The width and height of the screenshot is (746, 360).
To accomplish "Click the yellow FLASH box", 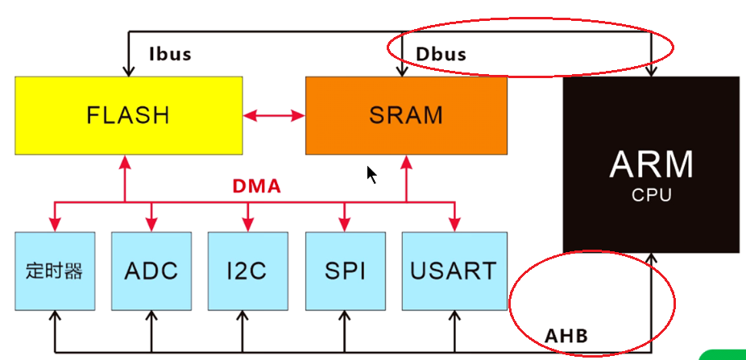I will pos(128,115).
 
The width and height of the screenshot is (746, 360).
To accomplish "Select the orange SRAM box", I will pos(406,115).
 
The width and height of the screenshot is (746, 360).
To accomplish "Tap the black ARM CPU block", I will pos(651,165).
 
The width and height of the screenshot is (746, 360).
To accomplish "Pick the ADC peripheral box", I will pos(151,271).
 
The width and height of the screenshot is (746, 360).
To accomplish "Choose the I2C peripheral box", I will pos(248,271).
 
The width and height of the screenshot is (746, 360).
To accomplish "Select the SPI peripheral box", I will pos(345,271).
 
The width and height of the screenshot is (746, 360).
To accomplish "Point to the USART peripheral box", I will pos(454,271).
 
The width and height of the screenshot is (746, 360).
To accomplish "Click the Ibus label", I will pos(170,55).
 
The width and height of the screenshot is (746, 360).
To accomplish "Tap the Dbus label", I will pos(441,55).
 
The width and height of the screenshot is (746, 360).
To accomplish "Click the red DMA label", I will pos(256,187).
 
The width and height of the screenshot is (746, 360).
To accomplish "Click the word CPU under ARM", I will pos(651,195).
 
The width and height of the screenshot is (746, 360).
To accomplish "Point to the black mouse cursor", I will pos(371,175).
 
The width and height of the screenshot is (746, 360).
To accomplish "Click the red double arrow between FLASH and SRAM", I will pos(274,115).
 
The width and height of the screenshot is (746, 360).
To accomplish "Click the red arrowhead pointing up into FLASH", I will pos(125,162).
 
